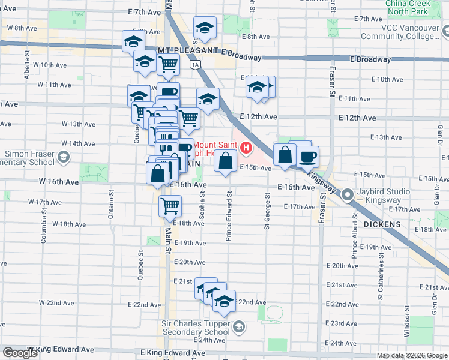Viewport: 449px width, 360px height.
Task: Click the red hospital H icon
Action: click(x=245, y=147)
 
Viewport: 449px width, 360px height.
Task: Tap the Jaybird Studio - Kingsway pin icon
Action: click(x=347, y=195)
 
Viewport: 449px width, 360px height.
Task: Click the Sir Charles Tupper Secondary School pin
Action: click(x=239, y=326)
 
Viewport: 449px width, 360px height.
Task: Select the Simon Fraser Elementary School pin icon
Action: click(x=64, y=158)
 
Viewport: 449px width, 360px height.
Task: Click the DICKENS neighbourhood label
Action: click(x=382, y=224)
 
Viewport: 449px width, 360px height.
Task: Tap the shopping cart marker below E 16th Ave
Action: click(x=170, y=206)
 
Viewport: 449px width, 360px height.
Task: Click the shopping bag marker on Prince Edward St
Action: click(x=225, y=161)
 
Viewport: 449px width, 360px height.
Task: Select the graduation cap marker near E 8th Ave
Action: click(x=205, y=27)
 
